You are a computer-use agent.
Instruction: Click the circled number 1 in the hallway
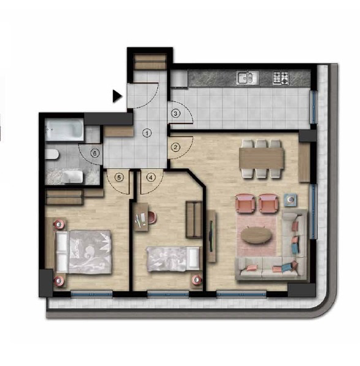(x=147, y=133)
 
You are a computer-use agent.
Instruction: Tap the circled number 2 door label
(x=176, y=147)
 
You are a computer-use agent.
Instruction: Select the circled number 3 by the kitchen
(x=176, y=114)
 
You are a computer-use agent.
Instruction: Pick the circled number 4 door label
(x=151, y=177)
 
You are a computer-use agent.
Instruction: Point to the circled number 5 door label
(x=119, y=177)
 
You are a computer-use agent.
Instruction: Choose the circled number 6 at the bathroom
(x=95, y=154)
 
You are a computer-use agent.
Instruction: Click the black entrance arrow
(x=117, y=96)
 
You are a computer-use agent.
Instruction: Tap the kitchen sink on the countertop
(x=248, y=78)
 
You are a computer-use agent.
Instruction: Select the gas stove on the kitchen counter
(x=281, y=78)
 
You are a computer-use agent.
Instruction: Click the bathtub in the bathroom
(x=65, y=130)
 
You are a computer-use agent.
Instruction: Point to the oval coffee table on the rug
(x=256, y=235)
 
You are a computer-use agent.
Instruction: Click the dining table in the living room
(x=261, y=158)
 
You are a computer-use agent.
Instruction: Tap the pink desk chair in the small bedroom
(x=152, y=217)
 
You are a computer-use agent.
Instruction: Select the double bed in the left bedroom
(x=83, y=252)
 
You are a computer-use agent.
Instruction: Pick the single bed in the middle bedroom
(x=173, y=259)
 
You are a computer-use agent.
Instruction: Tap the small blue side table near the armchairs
(x=291, y=200)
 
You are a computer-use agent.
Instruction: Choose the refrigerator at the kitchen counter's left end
(x=179, y=79)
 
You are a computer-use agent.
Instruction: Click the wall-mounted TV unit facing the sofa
(x=211, y=236)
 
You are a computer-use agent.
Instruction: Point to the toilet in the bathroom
(x=52, y=154)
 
